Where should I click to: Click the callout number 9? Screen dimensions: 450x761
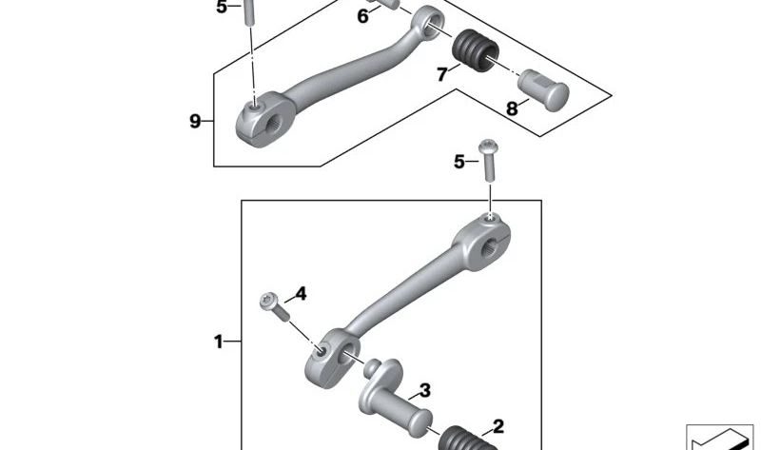coord(195,121)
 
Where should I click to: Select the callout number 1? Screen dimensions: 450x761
coord(219,341)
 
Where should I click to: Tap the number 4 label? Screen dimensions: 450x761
coord(301,294)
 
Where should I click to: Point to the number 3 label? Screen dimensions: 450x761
coord(424,390)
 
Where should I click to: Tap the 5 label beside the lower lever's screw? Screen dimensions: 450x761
coord(459,162)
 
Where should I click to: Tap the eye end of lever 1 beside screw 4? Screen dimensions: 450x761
coord(330,356)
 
